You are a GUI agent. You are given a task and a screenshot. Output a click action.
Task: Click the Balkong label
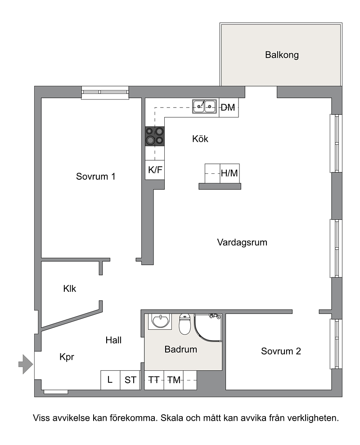282,55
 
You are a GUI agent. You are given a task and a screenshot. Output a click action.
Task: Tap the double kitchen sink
204,107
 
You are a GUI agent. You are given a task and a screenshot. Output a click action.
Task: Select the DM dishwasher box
228,107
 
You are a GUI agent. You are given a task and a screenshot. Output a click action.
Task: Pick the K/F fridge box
155,170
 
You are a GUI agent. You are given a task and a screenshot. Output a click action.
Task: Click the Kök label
200,139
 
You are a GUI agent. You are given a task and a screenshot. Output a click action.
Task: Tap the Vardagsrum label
242,242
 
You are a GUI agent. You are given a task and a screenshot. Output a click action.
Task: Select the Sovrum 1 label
96,176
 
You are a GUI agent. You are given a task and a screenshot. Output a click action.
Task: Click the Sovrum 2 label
281,351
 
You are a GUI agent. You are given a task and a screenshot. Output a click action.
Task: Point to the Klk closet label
70,289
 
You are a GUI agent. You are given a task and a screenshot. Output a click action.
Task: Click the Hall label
113,341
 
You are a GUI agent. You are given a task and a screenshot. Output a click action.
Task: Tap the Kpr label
67,357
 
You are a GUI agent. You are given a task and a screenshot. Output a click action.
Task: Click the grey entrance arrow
26,363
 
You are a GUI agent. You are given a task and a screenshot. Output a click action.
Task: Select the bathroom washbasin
160,322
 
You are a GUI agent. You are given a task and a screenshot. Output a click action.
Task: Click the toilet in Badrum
184,324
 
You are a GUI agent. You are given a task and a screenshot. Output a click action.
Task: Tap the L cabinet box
110,380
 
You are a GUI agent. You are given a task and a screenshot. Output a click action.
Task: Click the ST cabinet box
130,380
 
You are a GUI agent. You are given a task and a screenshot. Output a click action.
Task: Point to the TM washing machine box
174,380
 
